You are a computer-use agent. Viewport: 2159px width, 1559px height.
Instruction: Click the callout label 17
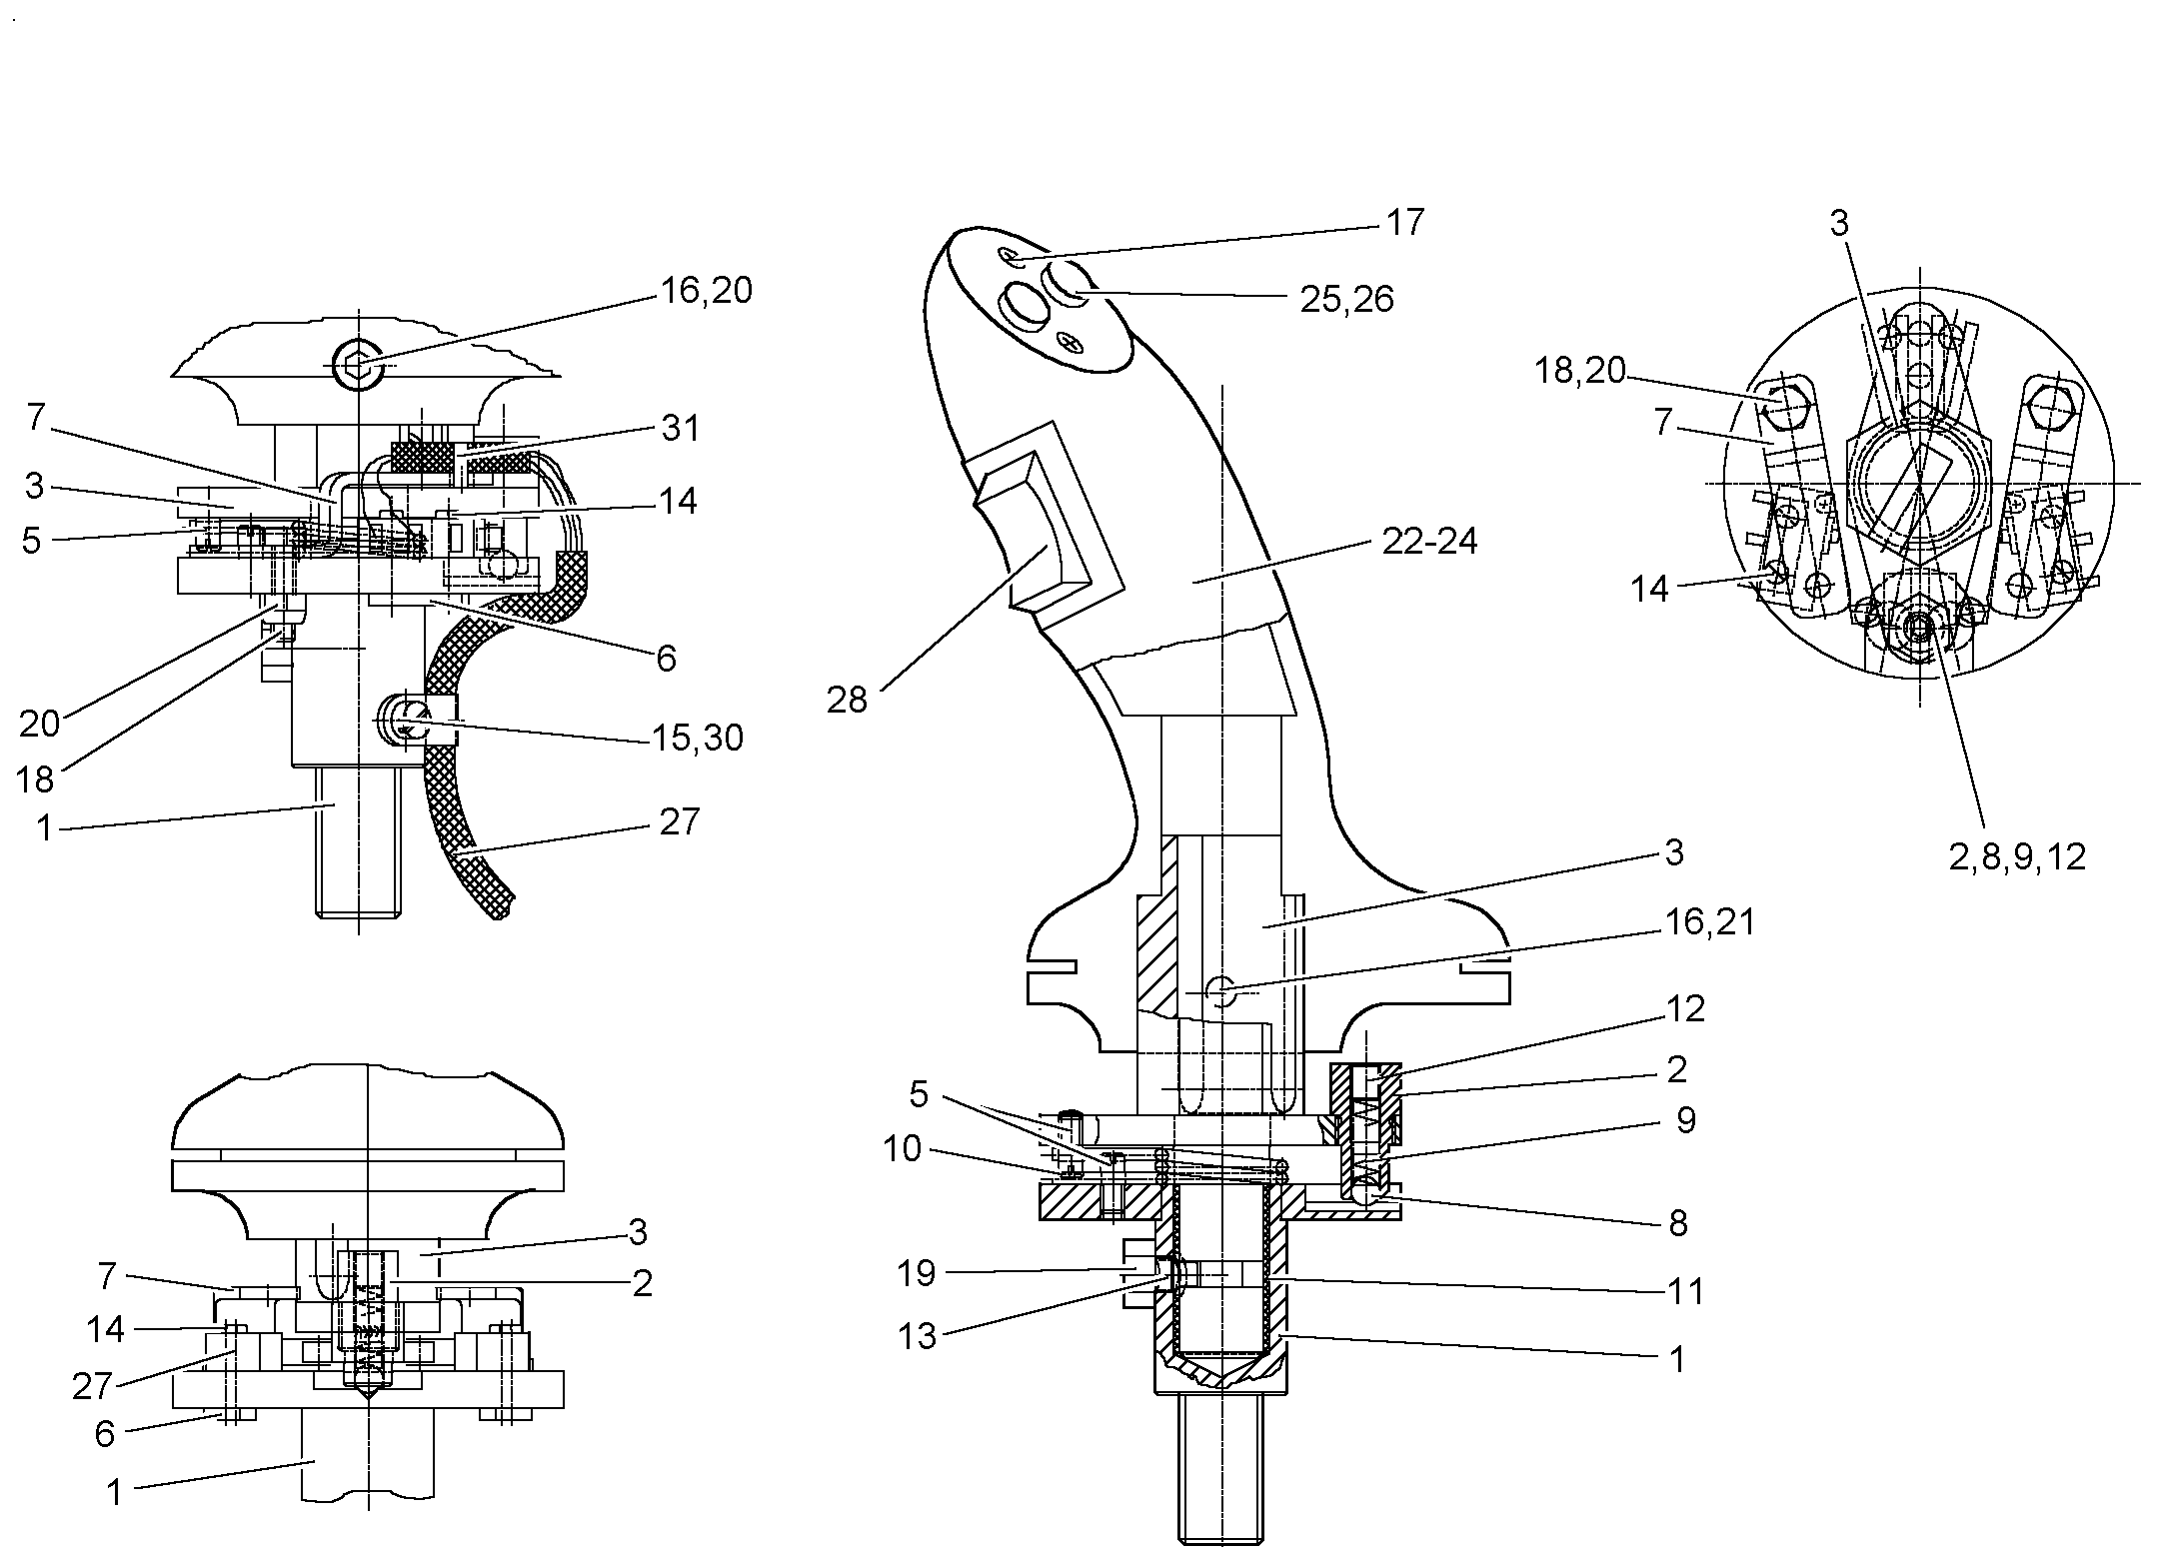coord(1404,222)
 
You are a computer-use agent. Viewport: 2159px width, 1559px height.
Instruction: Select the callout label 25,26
coord(1346,299)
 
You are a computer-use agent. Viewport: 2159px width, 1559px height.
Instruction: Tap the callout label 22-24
coord(1429,541)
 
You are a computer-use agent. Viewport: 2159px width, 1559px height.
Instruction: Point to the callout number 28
coord(847,700)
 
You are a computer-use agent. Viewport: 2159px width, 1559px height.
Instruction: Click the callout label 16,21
coord(1708,921)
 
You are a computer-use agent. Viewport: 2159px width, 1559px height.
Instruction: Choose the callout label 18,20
coord(1580,371)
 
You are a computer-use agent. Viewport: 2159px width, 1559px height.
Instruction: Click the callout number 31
coord(680,428)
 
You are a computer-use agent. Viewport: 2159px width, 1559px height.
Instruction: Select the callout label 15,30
coord(698,738)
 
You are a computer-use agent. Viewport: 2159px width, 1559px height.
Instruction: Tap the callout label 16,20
coord(706,291)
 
